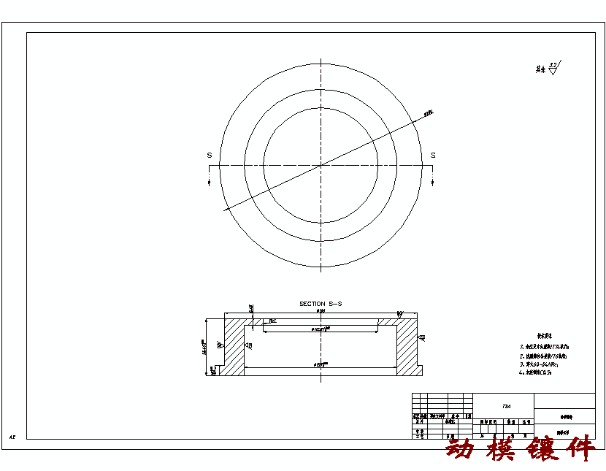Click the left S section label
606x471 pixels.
pos(210,156)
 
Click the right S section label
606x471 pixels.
pos(433,156)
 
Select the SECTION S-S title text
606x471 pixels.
pos(321,303)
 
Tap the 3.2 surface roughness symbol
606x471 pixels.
pos(553,67)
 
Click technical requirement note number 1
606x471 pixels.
pos(545,347)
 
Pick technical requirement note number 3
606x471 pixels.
pos(544,364)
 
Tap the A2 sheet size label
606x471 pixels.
pos(12,437)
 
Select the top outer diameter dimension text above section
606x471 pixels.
pos(321,312)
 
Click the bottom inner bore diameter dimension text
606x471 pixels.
pos(320,363)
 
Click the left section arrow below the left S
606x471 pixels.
pos(210,181)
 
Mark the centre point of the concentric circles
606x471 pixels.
pos(321,166)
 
